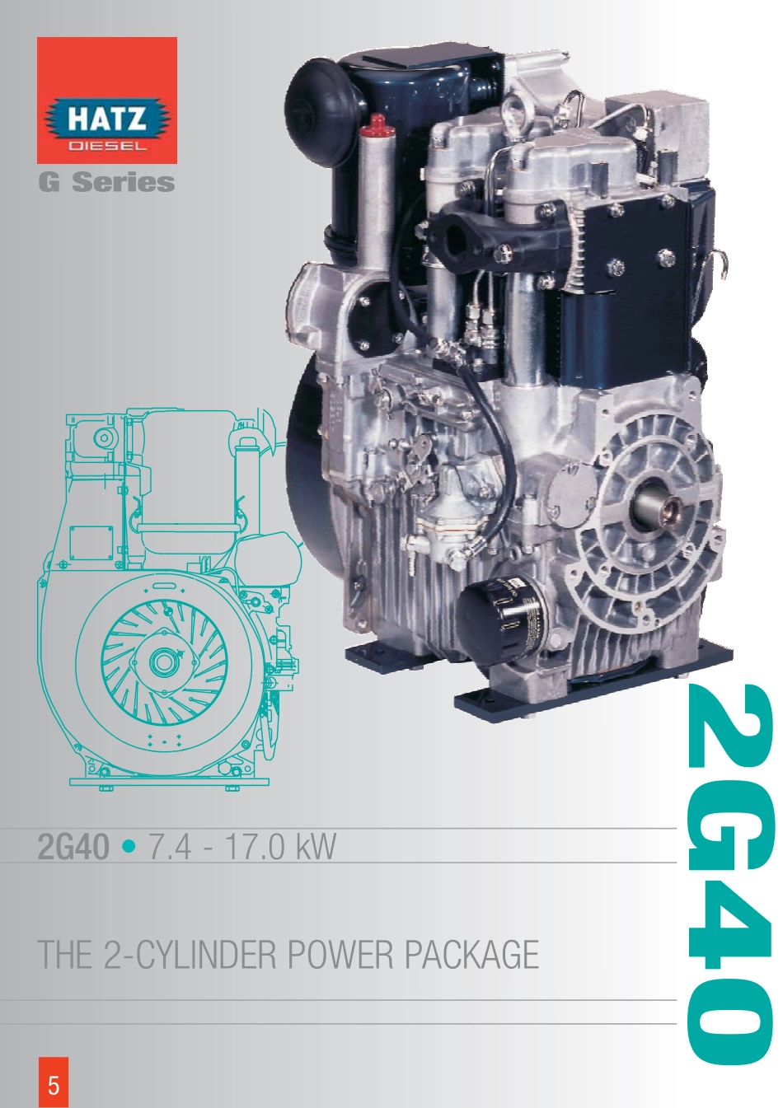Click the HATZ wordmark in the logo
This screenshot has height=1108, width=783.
pyautogui.click(x=106, y=119)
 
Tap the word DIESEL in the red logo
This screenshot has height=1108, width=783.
pyautogui.click(x=107, y=146)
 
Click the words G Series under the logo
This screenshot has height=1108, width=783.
pyautogui.click(x=106, y=182)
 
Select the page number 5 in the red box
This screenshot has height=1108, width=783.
pyautogui.click(x=53, y=1085)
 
